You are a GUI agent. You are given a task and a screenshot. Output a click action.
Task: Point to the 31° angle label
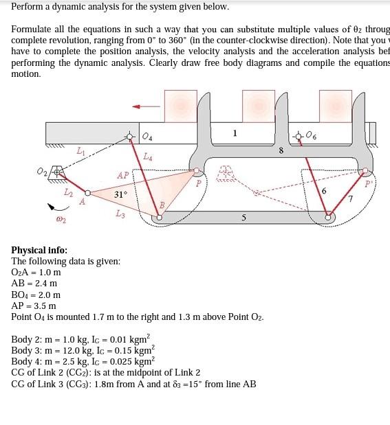click(120, 195)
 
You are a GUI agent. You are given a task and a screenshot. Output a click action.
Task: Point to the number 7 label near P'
click(350, 199)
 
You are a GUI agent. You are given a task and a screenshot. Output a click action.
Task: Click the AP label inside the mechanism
click(122, 175)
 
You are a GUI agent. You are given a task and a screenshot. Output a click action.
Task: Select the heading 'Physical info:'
click(39, 250)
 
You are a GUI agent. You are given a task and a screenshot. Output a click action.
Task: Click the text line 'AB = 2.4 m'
click(34, 284)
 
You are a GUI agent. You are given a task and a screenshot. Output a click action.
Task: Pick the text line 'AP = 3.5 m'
click(34, 306)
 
